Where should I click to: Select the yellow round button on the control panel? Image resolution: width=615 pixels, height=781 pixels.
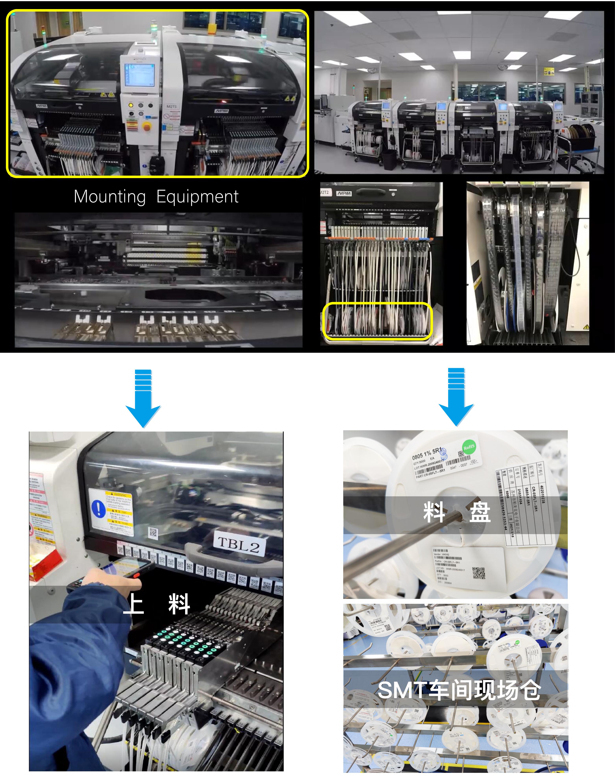tap(131, 105)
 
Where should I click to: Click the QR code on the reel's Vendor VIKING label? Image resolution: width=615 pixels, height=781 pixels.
tap(478, 573)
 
